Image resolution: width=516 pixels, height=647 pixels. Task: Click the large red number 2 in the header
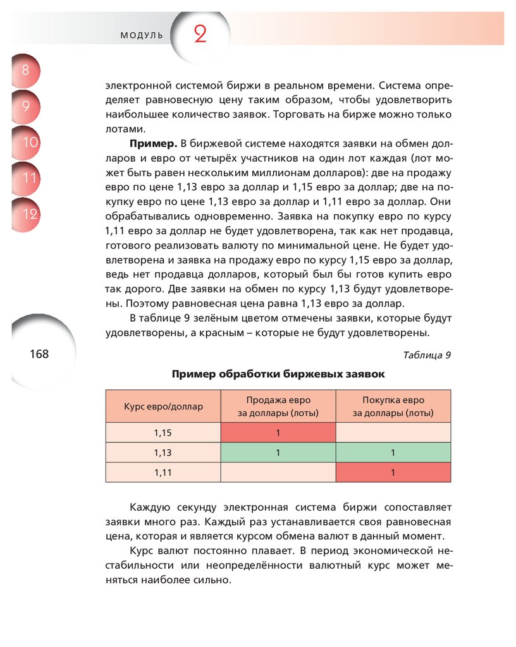tap(200, 35)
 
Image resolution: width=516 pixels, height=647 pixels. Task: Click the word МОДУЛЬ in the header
tap(142, 35)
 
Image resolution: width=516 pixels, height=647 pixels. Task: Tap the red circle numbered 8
tap(25, 70)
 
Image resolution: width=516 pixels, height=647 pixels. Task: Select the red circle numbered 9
tap(25, 106)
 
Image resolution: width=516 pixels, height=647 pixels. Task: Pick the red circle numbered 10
tap(28, 142)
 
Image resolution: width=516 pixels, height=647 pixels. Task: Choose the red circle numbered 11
tap(28, 178)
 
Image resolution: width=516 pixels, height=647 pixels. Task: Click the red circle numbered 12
tap(28, 214)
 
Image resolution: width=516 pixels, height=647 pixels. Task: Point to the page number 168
tap(39, 354)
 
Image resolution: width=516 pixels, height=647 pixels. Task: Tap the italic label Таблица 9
tap(426, 354)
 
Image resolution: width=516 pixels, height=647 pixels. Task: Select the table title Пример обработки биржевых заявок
tap(278, 374)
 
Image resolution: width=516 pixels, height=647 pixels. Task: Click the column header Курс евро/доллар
tap(163, 406)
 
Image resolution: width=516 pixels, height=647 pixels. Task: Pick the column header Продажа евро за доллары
tap(278, 406)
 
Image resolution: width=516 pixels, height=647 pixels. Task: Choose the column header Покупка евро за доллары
tap(393, 406)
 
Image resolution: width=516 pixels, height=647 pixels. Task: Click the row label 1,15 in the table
tap(163, 433)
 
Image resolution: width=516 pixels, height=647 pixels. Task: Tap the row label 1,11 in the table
tap(163, 472)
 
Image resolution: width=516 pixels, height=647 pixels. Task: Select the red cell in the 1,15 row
tap(278, 433)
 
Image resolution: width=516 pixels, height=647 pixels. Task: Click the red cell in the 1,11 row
tap(393, 472)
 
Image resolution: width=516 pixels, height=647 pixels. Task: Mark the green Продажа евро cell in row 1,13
tap(278, 452)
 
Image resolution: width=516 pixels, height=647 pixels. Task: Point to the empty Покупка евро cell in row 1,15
tap(393, 433)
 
